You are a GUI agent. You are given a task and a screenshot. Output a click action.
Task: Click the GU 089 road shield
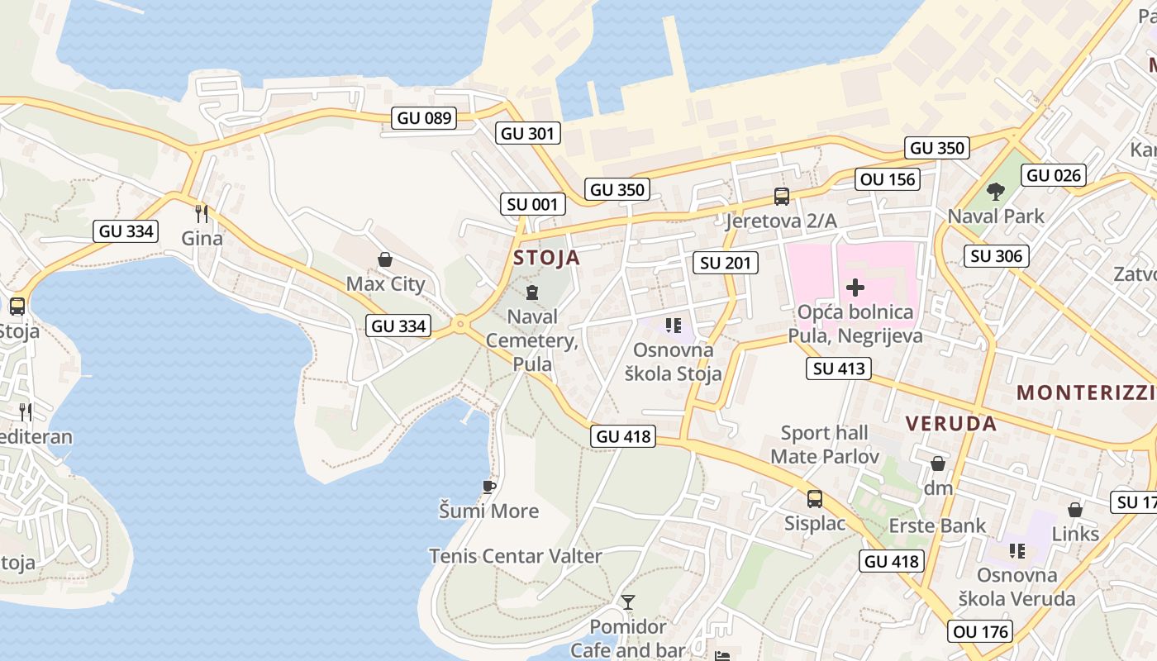click(425, 118)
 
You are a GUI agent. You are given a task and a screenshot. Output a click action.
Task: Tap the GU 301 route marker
click(529, 133)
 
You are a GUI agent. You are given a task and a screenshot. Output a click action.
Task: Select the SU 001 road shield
click(533, 204)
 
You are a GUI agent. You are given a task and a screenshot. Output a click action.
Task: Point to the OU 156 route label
click(888, 179)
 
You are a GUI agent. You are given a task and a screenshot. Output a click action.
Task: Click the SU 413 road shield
click(839, 369)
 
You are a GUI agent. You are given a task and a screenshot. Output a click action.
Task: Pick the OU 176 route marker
click(982, 632)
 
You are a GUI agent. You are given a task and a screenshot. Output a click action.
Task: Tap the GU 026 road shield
click(1053, 175)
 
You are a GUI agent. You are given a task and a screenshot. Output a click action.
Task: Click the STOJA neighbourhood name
click(546, 258)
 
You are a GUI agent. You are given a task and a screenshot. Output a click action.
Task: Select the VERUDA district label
click(950, 424)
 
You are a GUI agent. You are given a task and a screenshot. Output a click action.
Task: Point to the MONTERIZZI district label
click(1086, 392)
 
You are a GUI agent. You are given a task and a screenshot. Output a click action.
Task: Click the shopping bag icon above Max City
click(384, 260)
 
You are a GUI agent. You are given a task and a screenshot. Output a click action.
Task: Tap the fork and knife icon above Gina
click(201, 214)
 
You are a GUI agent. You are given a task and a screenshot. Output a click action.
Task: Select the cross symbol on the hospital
click(855, 288)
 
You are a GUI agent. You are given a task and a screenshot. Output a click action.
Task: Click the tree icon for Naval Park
click(996, 192)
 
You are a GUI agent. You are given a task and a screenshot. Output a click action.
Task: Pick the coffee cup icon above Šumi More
click(489, 487)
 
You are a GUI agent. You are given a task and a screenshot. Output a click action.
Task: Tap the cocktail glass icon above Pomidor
click(628, 602)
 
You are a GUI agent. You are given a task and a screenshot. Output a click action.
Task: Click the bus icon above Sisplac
click(815, 499)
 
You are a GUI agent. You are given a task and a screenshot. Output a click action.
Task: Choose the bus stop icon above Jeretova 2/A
click(781, 197)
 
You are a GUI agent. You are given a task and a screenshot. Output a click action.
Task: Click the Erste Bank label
click(937, 525)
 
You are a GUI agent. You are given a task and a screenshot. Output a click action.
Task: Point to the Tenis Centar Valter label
click(516, 556)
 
